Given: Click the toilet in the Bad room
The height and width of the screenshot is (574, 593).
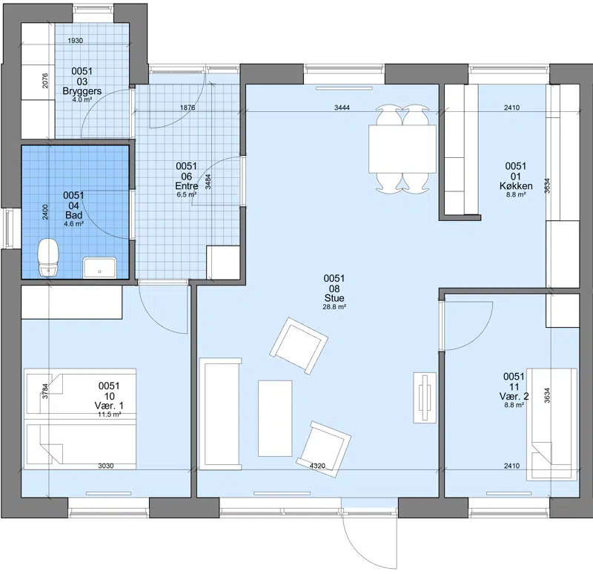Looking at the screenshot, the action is (x=48, y=257).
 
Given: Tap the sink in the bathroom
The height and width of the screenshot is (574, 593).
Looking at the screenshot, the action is (x=100, y=268).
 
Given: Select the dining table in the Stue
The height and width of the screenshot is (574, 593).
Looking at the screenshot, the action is (x=402, y=149).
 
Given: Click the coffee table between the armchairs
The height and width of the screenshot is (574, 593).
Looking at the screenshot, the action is (x=275, y=418).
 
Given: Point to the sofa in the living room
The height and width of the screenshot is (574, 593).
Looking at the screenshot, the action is (x=220, y=414).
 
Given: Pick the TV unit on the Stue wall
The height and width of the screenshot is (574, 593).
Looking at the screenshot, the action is (x=425, y=397).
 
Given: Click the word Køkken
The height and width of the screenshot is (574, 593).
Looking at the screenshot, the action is (x=516, y=186).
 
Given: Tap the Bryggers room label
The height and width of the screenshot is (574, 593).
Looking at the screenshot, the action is (x=82, y=91).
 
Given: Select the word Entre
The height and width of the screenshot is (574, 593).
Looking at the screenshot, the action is (x=187, y=186).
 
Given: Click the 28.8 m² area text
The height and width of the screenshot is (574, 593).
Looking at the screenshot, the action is (x=334, y=307).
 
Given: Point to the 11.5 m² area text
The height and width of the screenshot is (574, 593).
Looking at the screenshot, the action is (x=109, y=415).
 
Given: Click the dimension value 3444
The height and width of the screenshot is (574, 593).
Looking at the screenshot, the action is (x=342, y=108).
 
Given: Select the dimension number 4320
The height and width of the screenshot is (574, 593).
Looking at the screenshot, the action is (x=317, y=466).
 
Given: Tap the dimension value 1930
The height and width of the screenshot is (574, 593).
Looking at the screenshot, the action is (x=76, y=41).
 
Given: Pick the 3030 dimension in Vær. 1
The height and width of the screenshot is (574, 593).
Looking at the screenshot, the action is (x=106, y=466).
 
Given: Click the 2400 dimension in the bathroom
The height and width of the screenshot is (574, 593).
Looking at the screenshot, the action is (x=45, y=212).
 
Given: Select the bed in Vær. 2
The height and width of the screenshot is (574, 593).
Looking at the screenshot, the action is (x=552, y=424).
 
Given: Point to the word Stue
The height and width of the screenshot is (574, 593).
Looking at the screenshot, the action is (x=334, y=298).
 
